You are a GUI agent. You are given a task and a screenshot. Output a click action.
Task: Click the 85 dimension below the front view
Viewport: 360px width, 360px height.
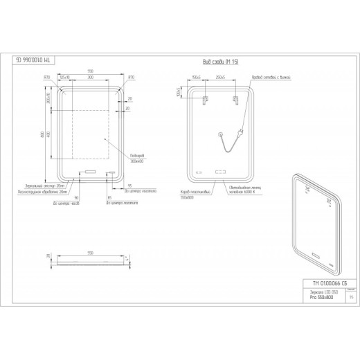tap(109, 197)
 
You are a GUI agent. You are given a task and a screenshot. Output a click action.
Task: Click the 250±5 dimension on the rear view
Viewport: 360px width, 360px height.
tap(222, 77)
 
